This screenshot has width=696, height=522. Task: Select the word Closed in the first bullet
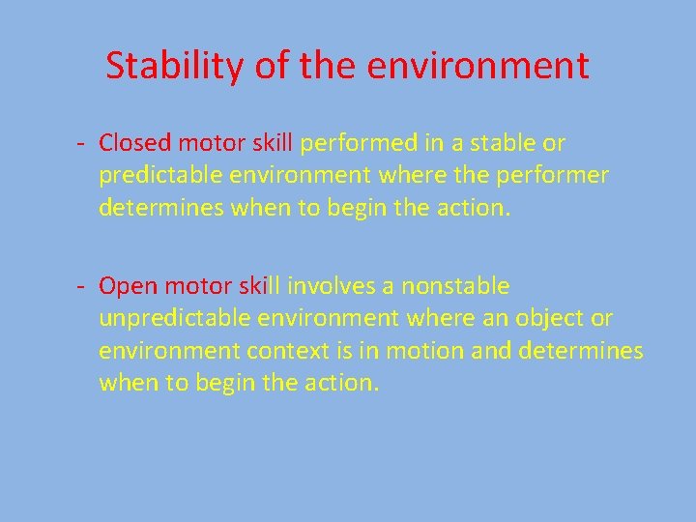[x=134, y=143]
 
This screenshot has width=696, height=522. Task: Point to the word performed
[x=360, y=143]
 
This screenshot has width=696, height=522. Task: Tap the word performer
[x=561, y=175]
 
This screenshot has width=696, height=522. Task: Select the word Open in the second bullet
[x=128, y=286]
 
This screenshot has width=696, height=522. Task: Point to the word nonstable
[x=455, y=286]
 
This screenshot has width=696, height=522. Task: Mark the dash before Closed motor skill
[x=84, y=144]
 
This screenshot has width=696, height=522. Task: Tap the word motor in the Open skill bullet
[x=197, y=286]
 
